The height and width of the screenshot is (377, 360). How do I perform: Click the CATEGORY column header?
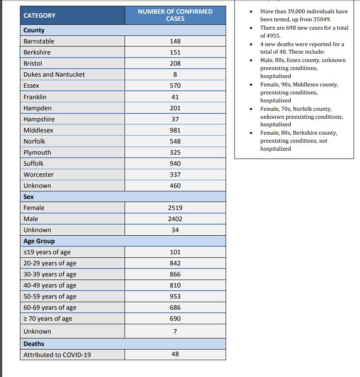(39, 16)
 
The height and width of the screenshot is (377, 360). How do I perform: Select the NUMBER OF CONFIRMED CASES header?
(175, 15)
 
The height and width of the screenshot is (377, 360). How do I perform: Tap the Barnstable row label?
(39, 41)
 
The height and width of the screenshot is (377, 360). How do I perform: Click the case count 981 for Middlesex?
(175, 130)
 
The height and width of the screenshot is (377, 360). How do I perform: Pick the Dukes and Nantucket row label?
(54, 74)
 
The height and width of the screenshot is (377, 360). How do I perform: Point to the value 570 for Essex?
(175, 86)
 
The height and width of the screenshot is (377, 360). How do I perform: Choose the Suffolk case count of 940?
(175, 163)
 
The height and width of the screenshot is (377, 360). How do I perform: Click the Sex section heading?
(28, 196)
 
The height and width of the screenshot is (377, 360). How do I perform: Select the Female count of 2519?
(175, 208)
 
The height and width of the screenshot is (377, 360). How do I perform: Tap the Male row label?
(31, 219)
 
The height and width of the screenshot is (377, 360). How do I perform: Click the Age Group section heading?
(39, 241)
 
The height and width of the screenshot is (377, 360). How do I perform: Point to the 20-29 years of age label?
(50, 263)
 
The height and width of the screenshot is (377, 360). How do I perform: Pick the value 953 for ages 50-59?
(175, 296)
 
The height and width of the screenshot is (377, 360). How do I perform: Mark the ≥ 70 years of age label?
(47, 319)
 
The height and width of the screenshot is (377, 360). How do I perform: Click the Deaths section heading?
(34, 344)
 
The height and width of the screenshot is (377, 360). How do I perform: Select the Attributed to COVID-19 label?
(57, 355)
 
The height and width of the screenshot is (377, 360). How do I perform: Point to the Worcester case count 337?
(175, 175)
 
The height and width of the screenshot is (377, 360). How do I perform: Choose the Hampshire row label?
(39, 119)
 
